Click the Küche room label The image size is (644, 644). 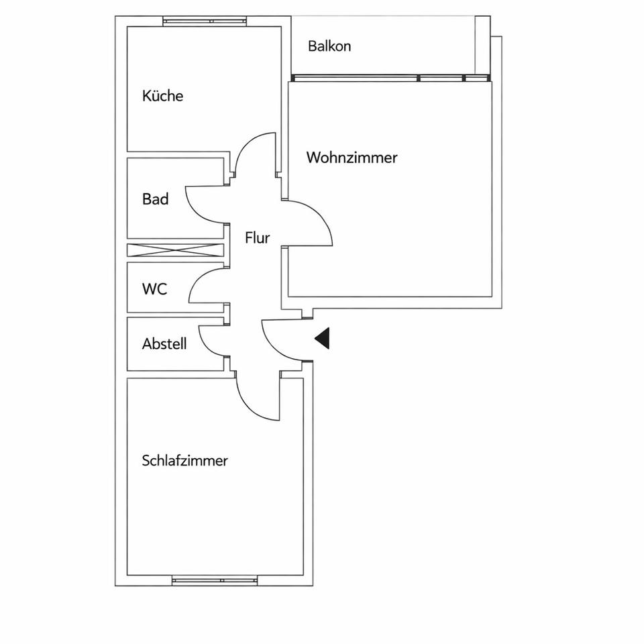(162, 96)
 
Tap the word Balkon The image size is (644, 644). (329, 46)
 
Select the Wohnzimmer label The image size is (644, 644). (352, 158)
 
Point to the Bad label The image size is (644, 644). (155, 199)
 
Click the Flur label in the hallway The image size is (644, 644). (257, 237)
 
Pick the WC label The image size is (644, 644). (154, 290)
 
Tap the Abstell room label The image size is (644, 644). (164, 344)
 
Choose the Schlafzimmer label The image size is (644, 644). (185, 461)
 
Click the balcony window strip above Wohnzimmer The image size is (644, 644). (389, 78)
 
